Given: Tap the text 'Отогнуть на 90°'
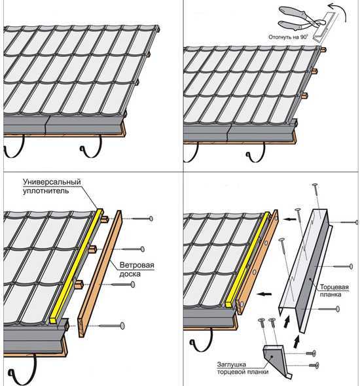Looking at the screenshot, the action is (x=288, y=37).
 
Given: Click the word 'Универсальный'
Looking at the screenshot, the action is (x=52, y=182).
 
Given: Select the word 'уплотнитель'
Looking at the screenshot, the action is (x=46, y=191).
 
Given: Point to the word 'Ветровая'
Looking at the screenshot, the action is (x=137, y=265).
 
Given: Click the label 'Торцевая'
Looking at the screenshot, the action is (x=334, y=287).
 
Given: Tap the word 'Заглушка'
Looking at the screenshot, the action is (x=231, y=364).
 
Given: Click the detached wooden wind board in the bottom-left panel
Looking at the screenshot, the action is (x=99, y=273).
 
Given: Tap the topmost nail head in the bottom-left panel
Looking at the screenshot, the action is (x=151, y=219).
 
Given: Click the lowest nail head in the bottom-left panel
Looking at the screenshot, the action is (x=122, y=326).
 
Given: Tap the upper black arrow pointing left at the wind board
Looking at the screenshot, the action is (x=290, y=219).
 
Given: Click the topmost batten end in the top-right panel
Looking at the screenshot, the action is (x=323, y=50).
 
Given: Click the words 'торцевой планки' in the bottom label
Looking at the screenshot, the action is (x=243, y=372).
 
